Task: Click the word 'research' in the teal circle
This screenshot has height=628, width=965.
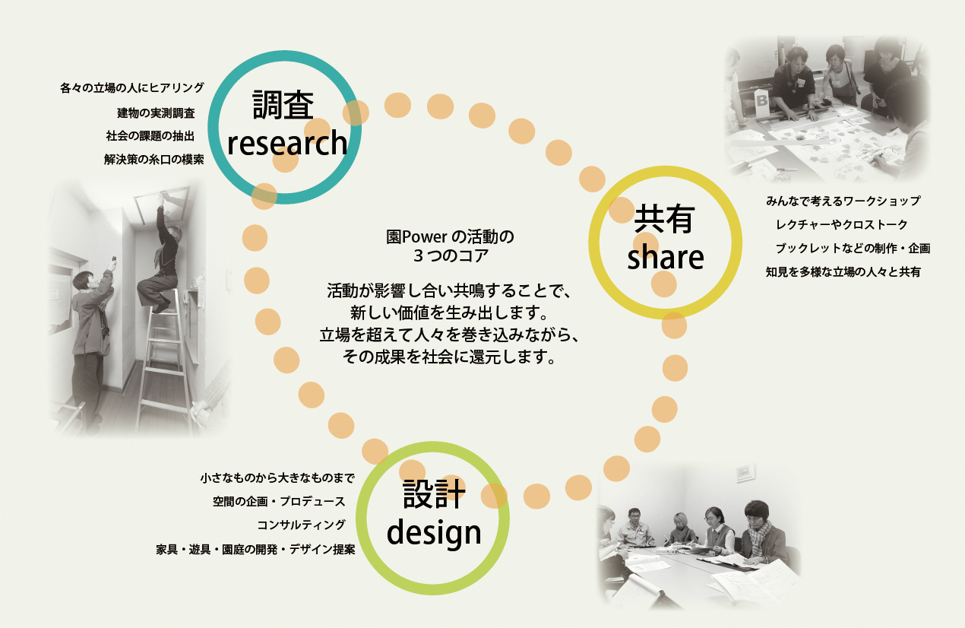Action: pyautogui.click(x=287, y=144)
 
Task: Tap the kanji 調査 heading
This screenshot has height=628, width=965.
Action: pyautogui.click(x=283, y=105)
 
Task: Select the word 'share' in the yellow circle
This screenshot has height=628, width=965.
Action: pyautogui.click(x=665, y=257)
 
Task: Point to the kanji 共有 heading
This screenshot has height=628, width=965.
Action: pyautogui.click(x=664, y=219)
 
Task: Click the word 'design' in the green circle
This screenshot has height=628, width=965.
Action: pyautogui.click(x=434, y=534)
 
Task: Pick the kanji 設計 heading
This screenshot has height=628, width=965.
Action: pyautogui.click(x=435, y=493)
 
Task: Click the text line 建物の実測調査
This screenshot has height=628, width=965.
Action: pyautogui.click(x=157, y=113)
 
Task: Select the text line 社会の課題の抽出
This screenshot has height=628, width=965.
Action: pyautogui.click(x=150, y=136)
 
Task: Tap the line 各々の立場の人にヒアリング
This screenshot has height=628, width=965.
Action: pyautogui.click(x=132, y=88)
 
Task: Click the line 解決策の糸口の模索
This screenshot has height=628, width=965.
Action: pyautogui.click(x=154, y=160)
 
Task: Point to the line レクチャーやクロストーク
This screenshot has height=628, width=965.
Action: pyautogui.click(x=842, y=224)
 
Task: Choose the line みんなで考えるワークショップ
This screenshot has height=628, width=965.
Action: pyautogui.click(x=843, y=201)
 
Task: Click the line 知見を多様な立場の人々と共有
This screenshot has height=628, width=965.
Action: pyautogui.click(x=843, y=272)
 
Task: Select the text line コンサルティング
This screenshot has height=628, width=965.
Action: pyautogui.click(x=301, y=525)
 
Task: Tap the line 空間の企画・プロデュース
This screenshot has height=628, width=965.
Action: pyautogui.click(x=279, y=501)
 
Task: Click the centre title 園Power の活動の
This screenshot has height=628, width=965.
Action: pyautogui.click(x=450, y=236)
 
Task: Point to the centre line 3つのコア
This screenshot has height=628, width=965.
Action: pyautogui.click(x=451, y=256)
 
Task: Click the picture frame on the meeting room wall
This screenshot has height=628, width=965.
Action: pyautogui.click(x=745, y=473)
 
